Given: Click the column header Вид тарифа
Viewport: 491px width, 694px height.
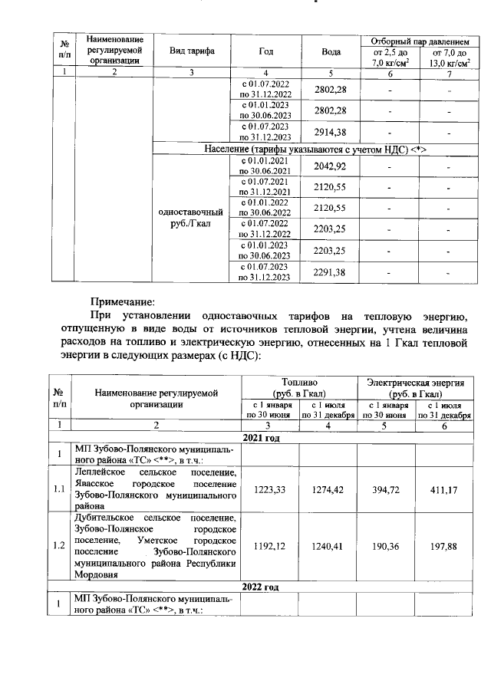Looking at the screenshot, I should click(191, 51).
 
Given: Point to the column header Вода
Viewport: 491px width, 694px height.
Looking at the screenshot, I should click(331, 51).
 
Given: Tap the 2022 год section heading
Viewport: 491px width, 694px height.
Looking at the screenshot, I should click(261, 587).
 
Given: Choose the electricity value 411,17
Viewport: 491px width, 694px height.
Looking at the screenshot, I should click(443, 488).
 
